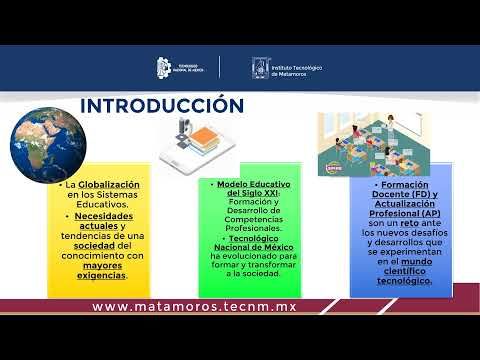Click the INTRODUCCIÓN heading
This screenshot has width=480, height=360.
tap(161, 105)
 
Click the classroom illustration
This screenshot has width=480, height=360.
tap(375, 141)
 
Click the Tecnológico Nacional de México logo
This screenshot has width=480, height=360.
tap(181, 67)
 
